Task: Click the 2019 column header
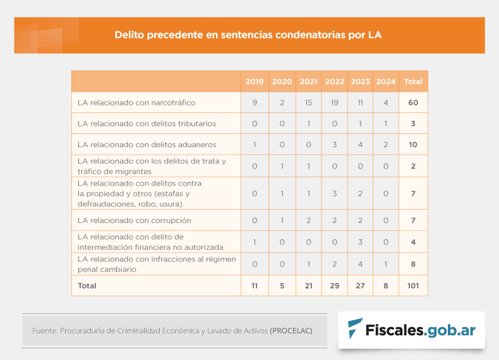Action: [255, 81]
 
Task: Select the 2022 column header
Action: [334, 81]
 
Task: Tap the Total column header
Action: [413, 81]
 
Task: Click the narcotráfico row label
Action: [136, 102]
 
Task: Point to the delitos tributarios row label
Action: [147, 124]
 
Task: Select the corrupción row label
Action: [134, 220]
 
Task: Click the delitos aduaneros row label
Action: [147, 145]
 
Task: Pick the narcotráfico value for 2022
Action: [334, 102]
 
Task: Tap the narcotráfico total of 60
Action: [413, 102]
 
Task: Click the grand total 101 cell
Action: [413, 285]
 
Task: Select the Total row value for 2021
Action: [308, 285]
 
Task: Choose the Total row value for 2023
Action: [360, 285]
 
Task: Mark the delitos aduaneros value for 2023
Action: [360, 145]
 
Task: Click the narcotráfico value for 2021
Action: [308, 102]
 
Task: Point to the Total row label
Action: [87, 285]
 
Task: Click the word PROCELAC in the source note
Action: [291, 330]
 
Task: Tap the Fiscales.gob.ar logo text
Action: [421, 329]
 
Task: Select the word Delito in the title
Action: [129, 35]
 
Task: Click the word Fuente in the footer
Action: [44, 330]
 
